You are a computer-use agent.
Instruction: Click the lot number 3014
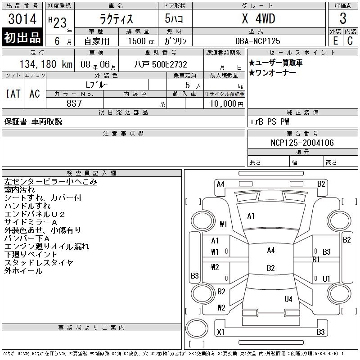(22, 19)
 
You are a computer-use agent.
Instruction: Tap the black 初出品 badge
(22, 38)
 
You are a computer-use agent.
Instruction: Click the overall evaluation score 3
(343, 19)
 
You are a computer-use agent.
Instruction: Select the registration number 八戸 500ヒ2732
(161, 64)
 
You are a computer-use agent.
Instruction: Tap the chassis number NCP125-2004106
(302, 143)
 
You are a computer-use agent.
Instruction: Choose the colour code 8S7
(75, 103)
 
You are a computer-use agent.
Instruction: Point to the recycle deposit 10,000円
(225, 103)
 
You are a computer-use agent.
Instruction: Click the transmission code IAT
(13, 94)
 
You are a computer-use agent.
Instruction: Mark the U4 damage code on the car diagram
(288, 299)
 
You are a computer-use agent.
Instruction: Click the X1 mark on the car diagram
(220, 332)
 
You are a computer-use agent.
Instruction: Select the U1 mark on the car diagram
(327, 279)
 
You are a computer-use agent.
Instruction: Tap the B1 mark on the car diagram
(316, 260)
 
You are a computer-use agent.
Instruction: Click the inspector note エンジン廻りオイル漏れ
(47, 247)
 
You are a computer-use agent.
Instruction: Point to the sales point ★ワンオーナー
(272, 73)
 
